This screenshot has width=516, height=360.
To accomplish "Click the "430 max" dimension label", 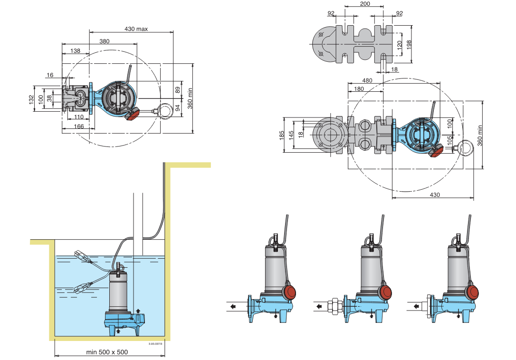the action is [136, 29].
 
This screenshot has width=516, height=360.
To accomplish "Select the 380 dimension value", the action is [105, 41].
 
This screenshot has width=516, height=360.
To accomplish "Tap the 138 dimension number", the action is [75, 51].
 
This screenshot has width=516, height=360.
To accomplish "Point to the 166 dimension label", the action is [79, 126].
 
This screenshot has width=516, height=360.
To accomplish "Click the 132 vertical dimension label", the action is [31, 99].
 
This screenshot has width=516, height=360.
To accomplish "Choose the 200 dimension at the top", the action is [365, 4].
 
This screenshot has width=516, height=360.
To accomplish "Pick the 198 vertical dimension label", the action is [409, 45].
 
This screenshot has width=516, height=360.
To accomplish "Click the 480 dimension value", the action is [367, 80].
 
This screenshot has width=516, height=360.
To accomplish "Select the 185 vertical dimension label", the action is [282, 135].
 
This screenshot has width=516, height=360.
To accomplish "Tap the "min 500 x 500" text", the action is [107, 352].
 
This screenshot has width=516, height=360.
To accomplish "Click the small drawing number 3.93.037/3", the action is [155, 343].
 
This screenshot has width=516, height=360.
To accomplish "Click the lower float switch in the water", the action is [81, 288].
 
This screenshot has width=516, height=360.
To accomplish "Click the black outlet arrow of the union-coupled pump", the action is [319, 306].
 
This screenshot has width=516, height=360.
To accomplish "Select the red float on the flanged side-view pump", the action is [289, 292].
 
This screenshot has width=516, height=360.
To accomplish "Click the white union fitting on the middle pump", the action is [335, 306].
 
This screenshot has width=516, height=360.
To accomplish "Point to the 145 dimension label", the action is [291, 135].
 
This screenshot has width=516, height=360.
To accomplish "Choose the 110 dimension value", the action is [79, 117].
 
